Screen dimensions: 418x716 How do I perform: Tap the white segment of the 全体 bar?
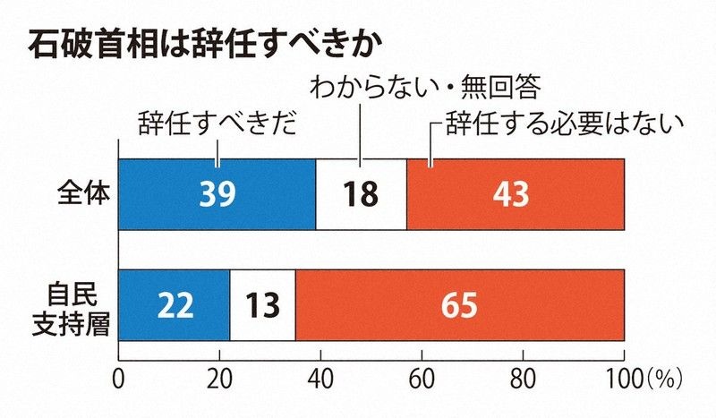pyautogui.click(x=362, y=194)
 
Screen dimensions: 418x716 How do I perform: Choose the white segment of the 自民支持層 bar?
pyautogui.click(x=262, y=304)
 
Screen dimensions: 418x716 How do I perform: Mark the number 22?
pyautogui.click(x=175, y=305)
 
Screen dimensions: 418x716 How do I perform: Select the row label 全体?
pyautogui.click(x=82, y=194)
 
